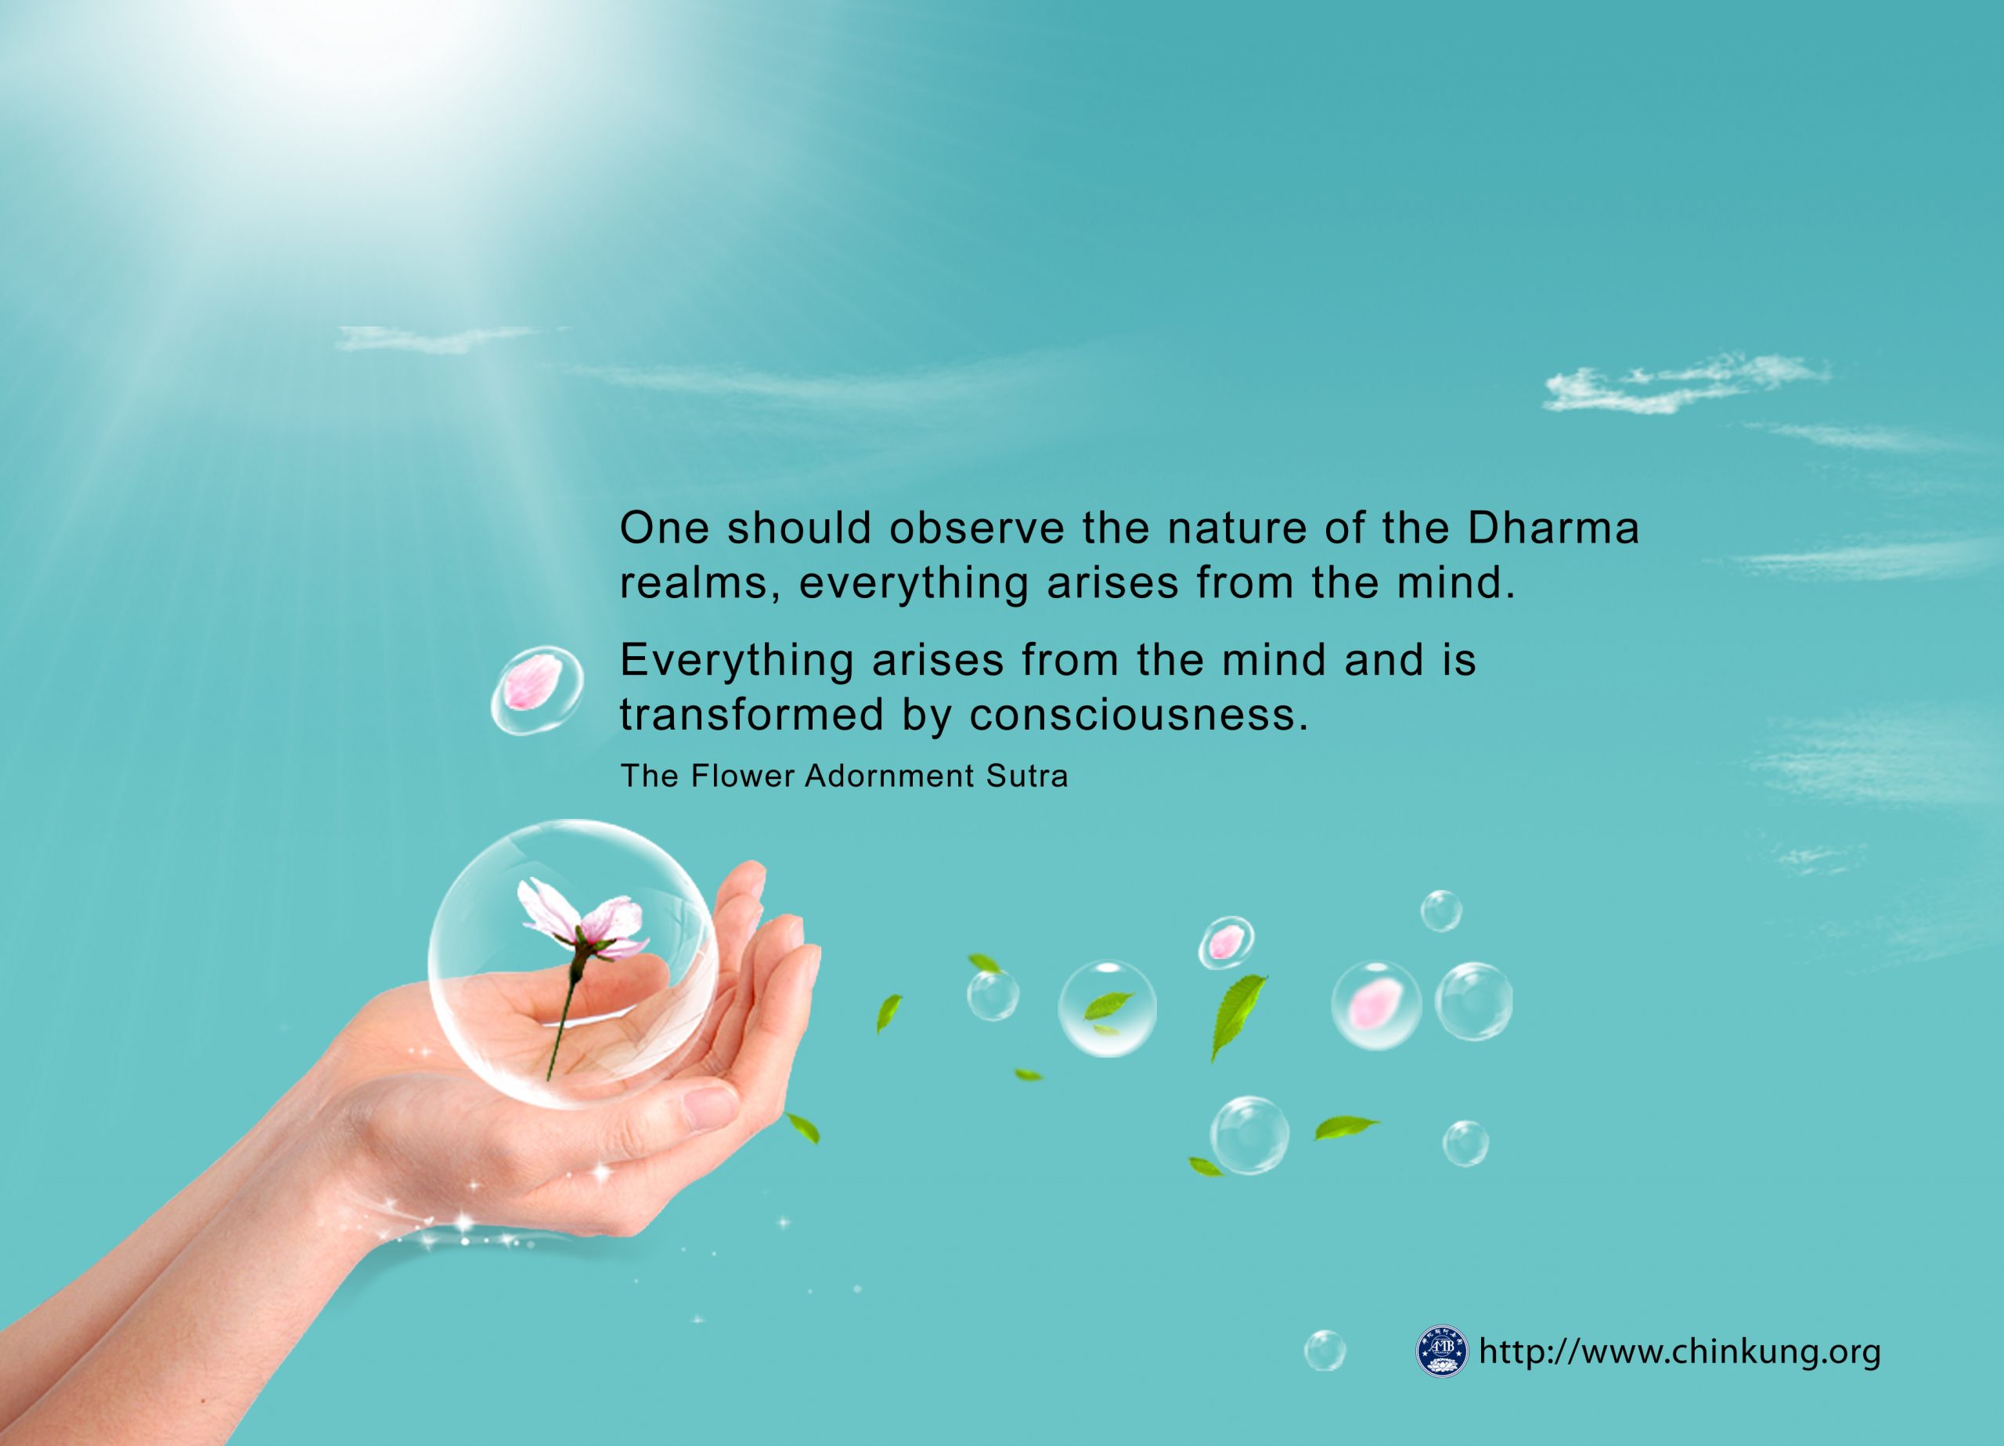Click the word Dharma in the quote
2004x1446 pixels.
click(1552, 528)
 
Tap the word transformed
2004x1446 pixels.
click(751, 714)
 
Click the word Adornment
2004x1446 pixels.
click(887, 775)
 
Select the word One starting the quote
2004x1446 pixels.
click(665, 528)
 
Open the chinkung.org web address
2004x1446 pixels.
click(1679, 1351)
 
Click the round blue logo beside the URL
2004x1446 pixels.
click(1441, 1350)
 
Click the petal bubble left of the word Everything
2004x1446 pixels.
click(537, 691)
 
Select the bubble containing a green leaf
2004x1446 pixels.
click(1107, 1008)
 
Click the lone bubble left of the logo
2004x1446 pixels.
click(1325, 1350)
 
